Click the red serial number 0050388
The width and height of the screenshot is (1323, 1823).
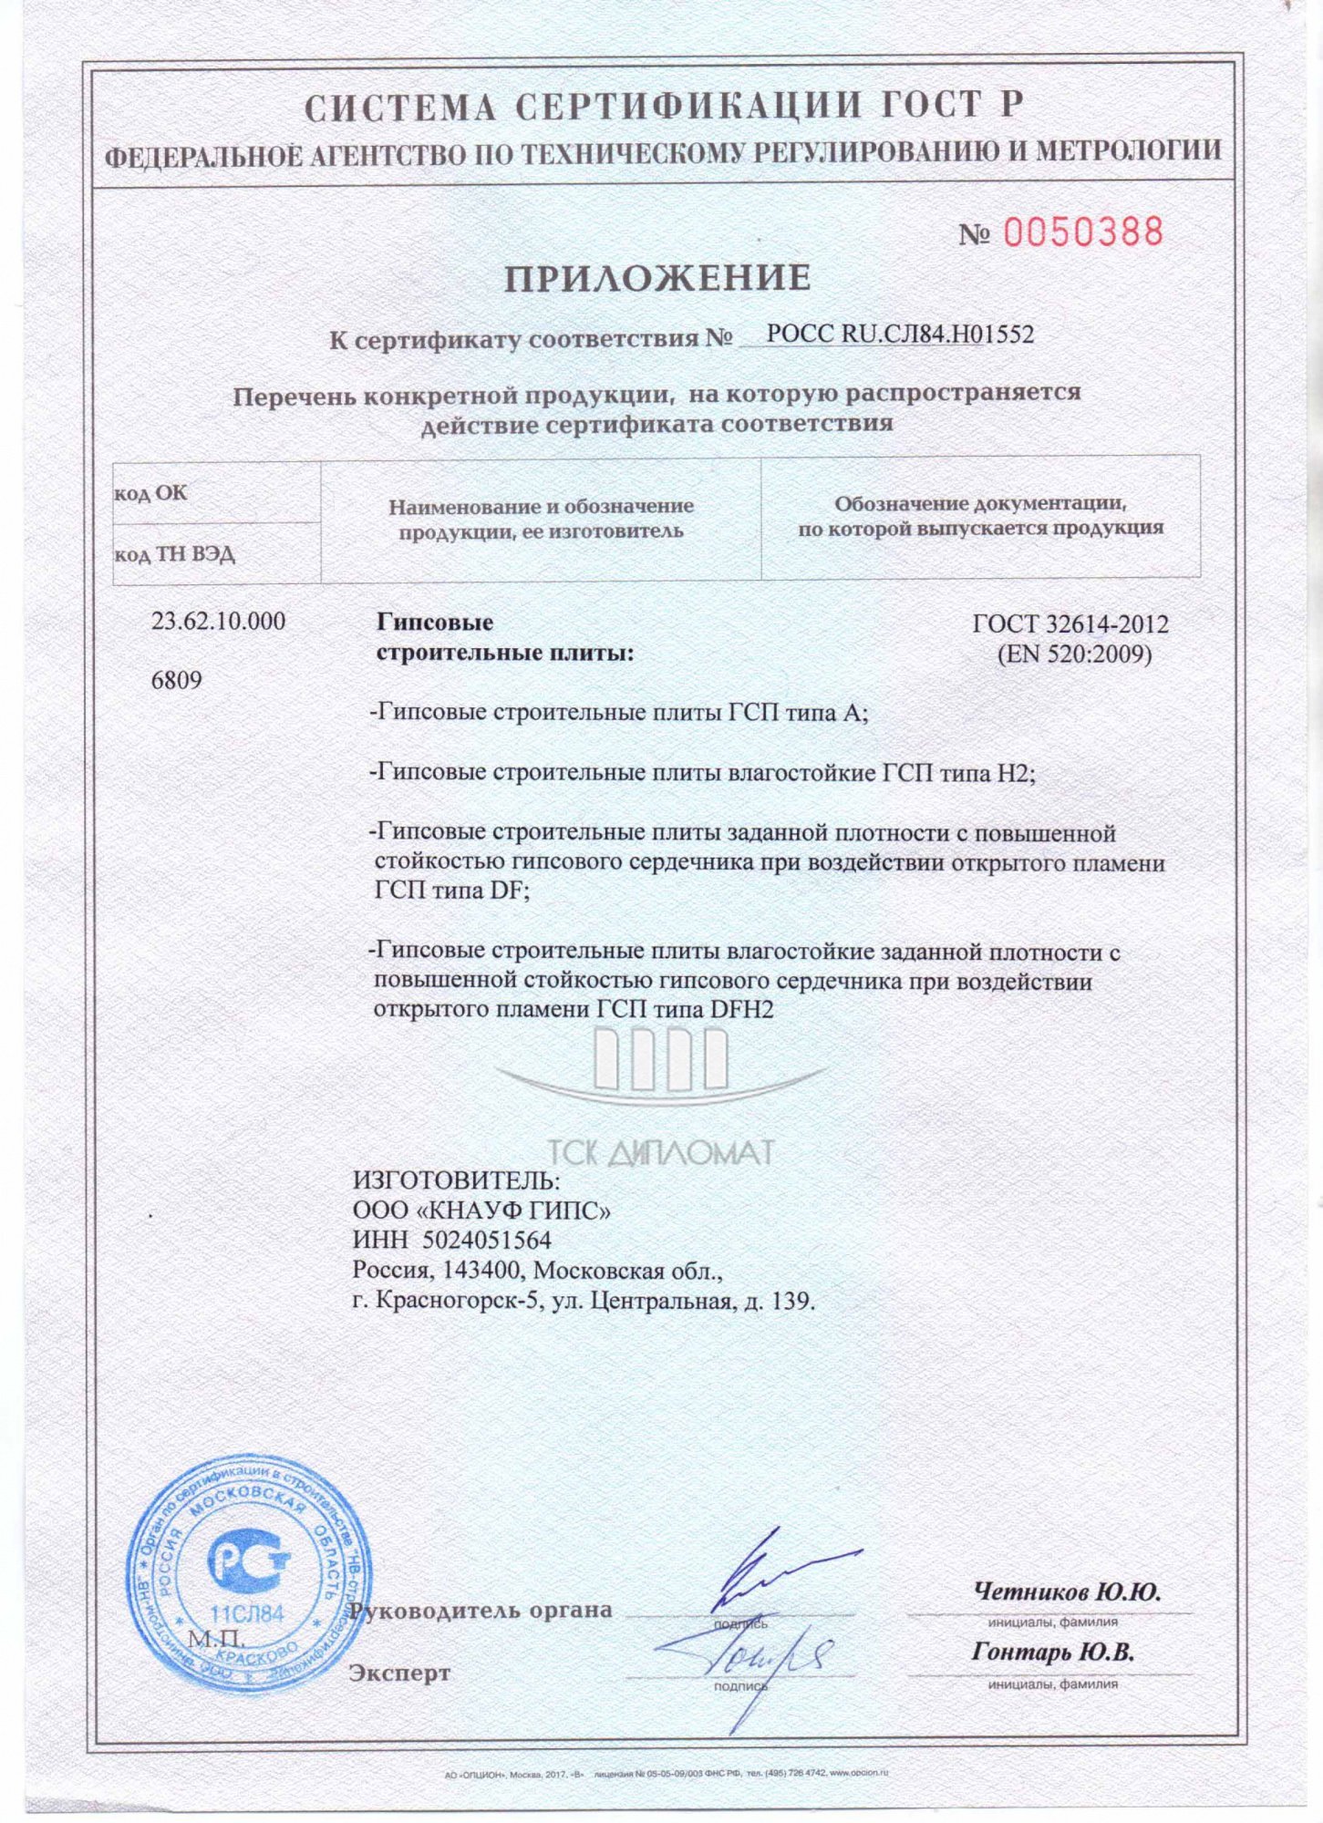(x=1083, y=232)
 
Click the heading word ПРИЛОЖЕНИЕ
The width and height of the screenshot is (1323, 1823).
(x=657, y=278)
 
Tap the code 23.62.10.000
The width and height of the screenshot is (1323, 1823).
(x=218, y=622)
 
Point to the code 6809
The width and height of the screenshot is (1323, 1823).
(x=177, y=680)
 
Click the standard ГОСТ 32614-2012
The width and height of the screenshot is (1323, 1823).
(x=1070, y=624)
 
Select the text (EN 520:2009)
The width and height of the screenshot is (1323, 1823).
(x=1073, y=654)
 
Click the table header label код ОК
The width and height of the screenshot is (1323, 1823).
(x=150, y=493)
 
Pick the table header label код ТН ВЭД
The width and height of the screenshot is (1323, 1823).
(x=174, y=554)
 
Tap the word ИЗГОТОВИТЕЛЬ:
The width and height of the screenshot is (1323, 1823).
(x=457, y=1180)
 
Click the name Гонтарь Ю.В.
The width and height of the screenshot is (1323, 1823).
(x=1053, y=1653)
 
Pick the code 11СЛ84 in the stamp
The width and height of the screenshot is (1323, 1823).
(x=247, y=1613)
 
